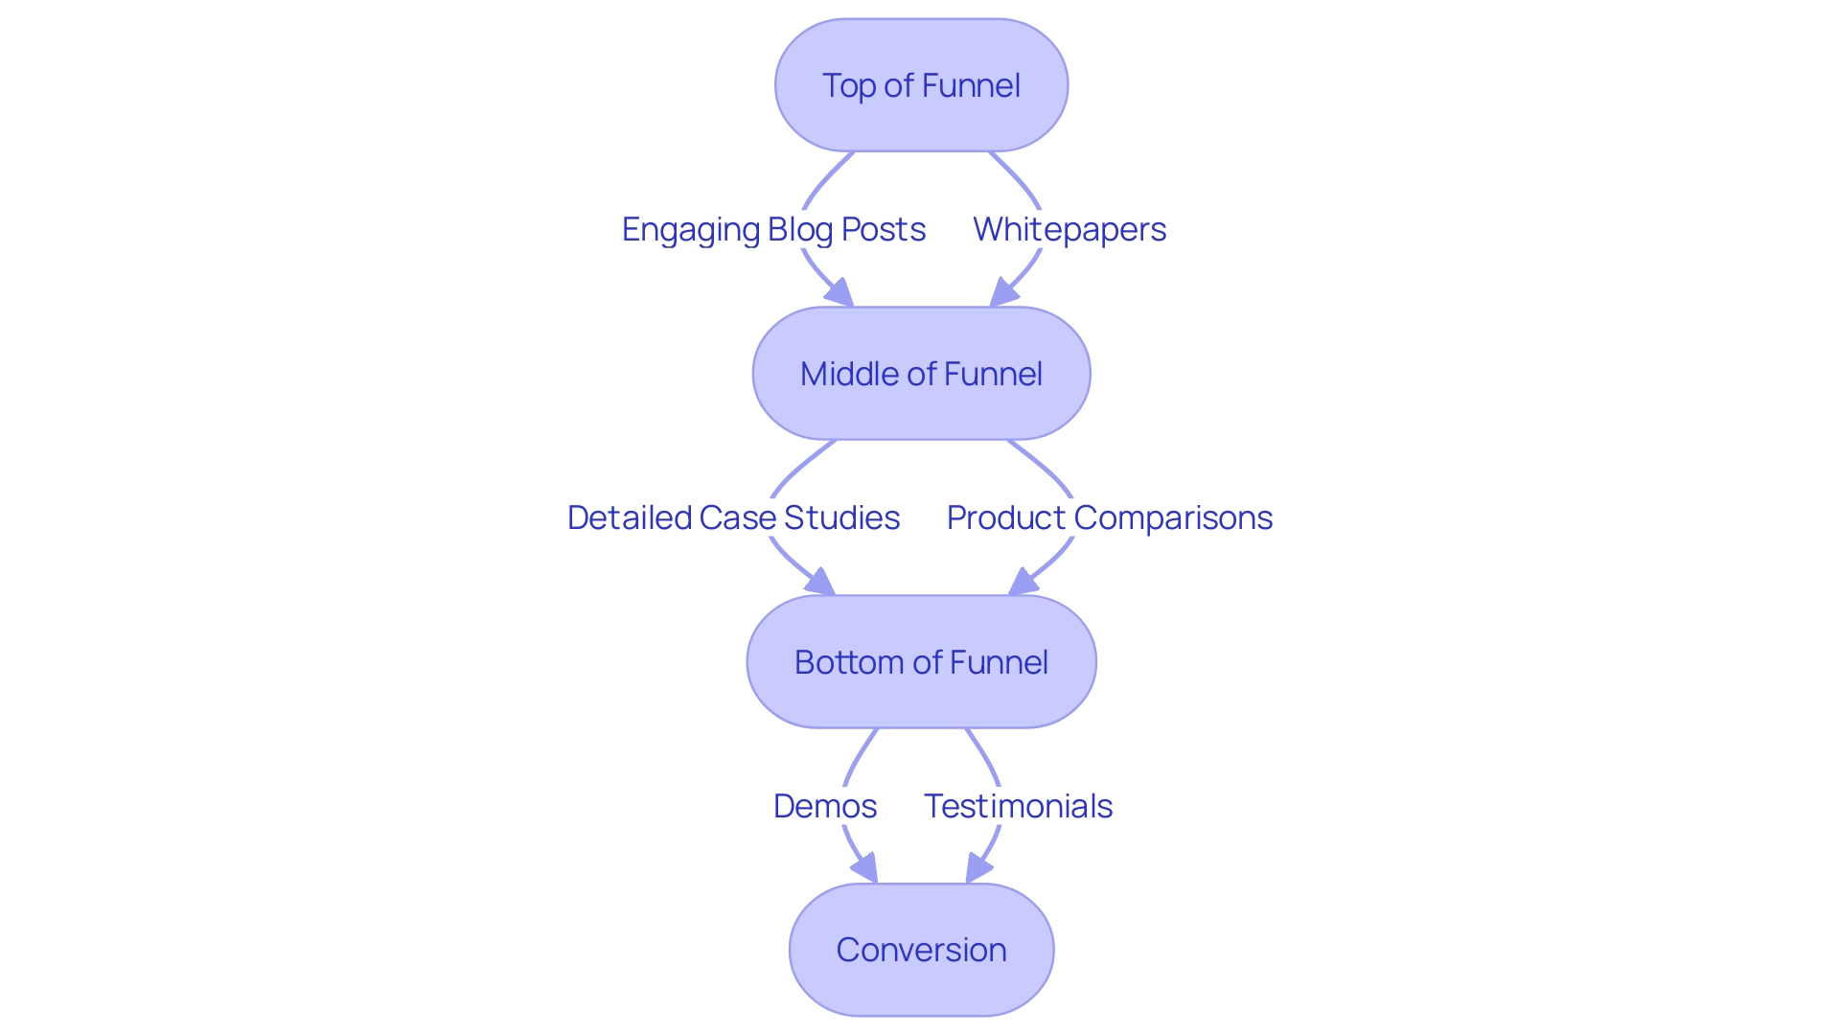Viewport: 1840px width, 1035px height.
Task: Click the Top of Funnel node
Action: click(921, 85)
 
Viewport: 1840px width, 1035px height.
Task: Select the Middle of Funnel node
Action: click(921, 374)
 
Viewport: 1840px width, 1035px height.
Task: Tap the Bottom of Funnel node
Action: click(921, 662)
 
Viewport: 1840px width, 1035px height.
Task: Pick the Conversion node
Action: click(921, 950)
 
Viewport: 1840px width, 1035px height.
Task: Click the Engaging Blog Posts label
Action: click(773, 229)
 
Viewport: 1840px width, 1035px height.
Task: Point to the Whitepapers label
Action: click(1069, 229)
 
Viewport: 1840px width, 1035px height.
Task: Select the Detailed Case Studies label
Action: click(733, 517)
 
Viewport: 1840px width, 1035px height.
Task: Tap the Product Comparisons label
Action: click(1109, 517)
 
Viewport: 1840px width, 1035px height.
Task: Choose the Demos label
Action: click(824, 806)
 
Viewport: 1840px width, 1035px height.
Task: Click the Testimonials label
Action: click(1018, 806)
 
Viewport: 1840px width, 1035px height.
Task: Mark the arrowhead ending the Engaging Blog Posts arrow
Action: click(840, 293)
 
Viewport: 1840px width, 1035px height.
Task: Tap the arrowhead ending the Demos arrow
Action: click(865, 869)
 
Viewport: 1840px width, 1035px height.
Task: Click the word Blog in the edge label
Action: click(800, 229)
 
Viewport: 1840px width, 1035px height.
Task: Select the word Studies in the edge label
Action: click(841, 517)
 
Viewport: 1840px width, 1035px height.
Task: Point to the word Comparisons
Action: click(1173, 517)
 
